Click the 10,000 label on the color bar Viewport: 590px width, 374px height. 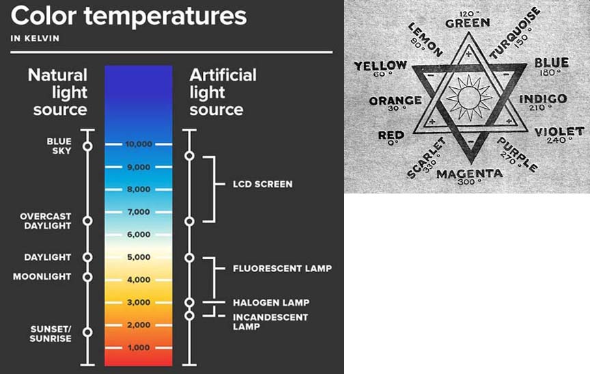click(x=139, y=144)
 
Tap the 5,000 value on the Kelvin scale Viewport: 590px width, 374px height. click(x=139, y=257)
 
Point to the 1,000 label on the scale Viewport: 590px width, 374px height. click(x=139, y=347)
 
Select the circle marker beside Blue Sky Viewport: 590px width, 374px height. click(x=87, y=146)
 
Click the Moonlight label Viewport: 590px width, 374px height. click(x=42, y=276)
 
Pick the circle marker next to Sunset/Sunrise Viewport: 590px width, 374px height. click(x=87, y=332)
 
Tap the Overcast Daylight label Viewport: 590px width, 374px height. click(x=46, y=221)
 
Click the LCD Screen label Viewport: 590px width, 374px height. click(x=263, y=184)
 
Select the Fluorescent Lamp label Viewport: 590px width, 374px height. click(x=282, y=269)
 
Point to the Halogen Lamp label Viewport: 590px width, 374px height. click(x=271, y=302)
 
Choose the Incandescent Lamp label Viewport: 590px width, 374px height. click(x=270, y=321)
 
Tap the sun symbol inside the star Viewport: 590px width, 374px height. click(x=469, y=97)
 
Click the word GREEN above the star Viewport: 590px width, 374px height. click(x=468, y=23)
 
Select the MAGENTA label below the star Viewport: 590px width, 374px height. click(x=470, y=174)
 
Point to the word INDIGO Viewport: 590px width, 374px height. click(x=543, y=98)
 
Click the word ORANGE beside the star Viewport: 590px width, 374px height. click(x=395, y=101)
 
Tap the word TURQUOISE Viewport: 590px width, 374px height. click(x=515, y=33)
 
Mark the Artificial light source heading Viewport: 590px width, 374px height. click(x=223, y=92)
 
